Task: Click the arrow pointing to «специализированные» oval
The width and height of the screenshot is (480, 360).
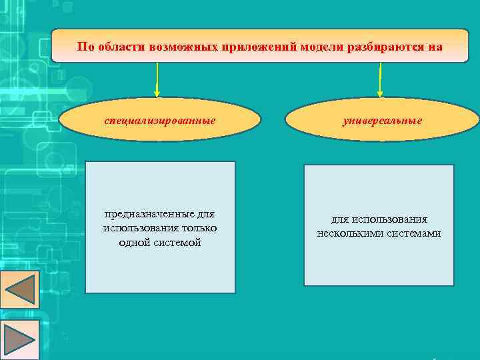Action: point(157,80)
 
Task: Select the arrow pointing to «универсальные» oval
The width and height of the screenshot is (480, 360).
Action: point(380,80)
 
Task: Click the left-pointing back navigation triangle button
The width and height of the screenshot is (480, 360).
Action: point(20,290)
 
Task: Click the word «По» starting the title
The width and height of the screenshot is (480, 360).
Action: point(84,47)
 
